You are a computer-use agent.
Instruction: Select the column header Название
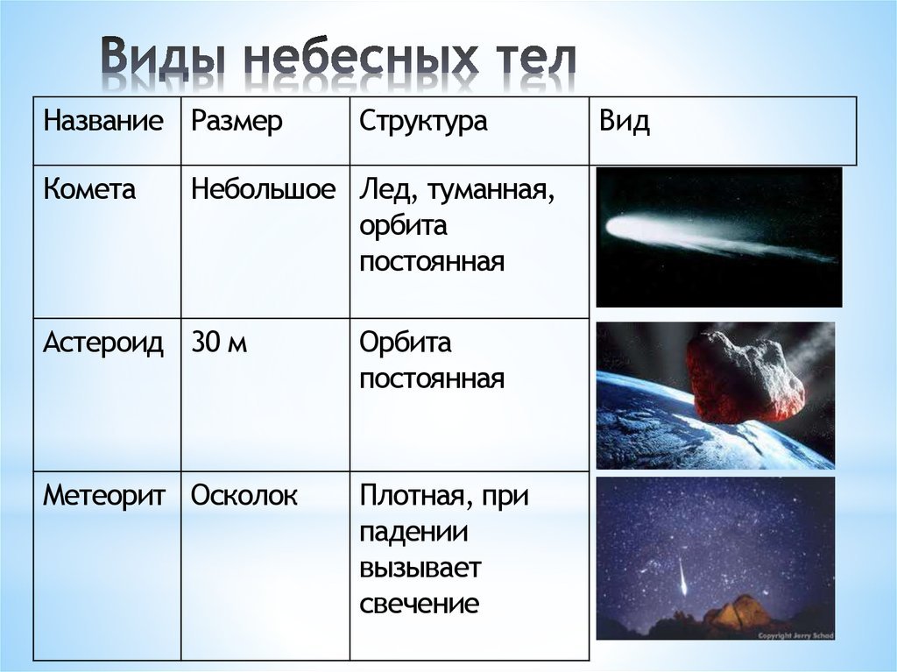103,122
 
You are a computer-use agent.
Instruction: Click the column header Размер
237,123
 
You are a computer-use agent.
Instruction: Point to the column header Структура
423,123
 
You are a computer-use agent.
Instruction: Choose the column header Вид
624,122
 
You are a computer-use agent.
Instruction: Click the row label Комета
89,189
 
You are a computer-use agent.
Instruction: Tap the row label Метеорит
104,496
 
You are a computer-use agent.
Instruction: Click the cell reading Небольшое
263,189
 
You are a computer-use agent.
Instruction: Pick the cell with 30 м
219,343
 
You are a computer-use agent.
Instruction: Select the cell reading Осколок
244,496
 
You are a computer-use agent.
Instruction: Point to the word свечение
420,605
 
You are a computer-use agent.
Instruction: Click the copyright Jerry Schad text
795,635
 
